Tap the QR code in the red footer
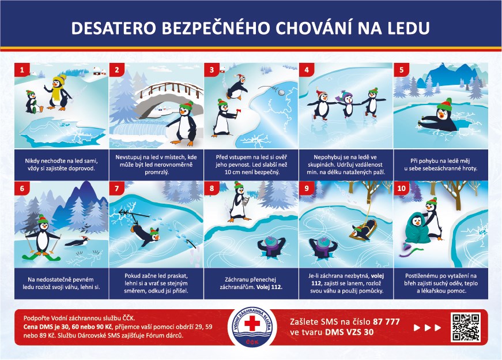pyautogui.click(x=466, y=328)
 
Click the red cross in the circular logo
pyautogui.click(x=252, y=323)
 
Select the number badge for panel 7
pyautogui.click(x=117, y=188)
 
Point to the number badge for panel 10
pyautogui.click(x=402, y=188)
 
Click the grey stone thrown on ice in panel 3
pyautogui.click(x=281, y=92)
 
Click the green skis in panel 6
pyautogui.click(x=41, y=257)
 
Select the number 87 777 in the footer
pyautogui.click(x=386, y=321)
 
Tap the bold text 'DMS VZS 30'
pyautogui.click(x=349, y=332)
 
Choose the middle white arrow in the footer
pyautogui.click(x=428, y=328)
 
